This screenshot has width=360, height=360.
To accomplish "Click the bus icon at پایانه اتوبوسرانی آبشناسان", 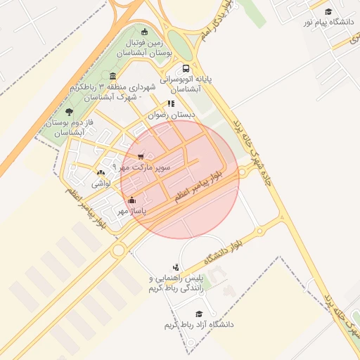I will coord(186,69).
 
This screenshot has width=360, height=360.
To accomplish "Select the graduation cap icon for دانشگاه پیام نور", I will coord(328,11).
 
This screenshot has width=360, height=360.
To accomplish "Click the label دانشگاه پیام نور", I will coord(328,22).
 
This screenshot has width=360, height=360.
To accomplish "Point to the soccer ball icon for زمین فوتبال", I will coord(145,31).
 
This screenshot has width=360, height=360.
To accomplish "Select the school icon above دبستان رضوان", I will coord(170,103).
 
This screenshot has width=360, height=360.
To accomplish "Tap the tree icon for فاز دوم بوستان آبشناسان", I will coord(68,112).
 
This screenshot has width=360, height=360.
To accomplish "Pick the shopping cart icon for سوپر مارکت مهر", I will coord(141,156).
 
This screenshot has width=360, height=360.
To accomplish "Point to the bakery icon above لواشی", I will coord(101,172).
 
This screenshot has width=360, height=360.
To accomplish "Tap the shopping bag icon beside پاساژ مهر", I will coord(132,200).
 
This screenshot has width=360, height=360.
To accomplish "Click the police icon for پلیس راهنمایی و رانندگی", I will coord(175,268).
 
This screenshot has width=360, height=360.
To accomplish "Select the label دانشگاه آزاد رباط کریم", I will coord(198,325).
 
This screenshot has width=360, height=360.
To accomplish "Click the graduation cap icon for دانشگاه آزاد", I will coord(199,314).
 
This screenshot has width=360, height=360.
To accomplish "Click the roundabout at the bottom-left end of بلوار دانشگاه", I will coord(118,250).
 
